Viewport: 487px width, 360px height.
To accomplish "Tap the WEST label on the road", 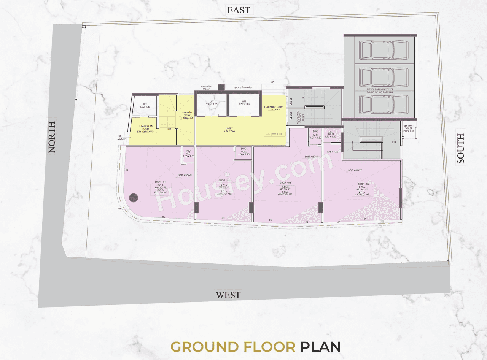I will [228, 295].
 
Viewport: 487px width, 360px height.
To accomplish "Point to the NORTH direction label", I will [52, 137].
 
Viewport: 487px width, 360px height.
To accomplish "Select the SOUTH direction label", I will [461, 149].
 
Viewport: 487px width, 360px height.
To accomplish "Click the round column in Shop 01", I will [133, 197].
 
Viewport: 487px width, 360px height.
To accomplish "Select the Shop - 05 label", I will [363, 184].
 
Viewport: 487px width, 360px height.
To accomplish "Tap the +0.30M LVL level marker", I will [274, 134].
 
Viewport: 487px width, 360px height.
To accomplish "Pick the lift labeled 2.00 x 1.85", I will [145, 105].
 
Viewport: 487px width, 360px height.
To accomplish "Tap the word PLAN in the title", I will [320, 346].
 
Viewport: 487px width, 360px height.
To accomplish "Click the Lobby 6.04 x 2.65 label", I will [230, 130].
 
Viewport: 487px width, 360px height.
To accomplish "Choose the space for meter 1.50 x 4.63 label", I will [188, 115].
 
